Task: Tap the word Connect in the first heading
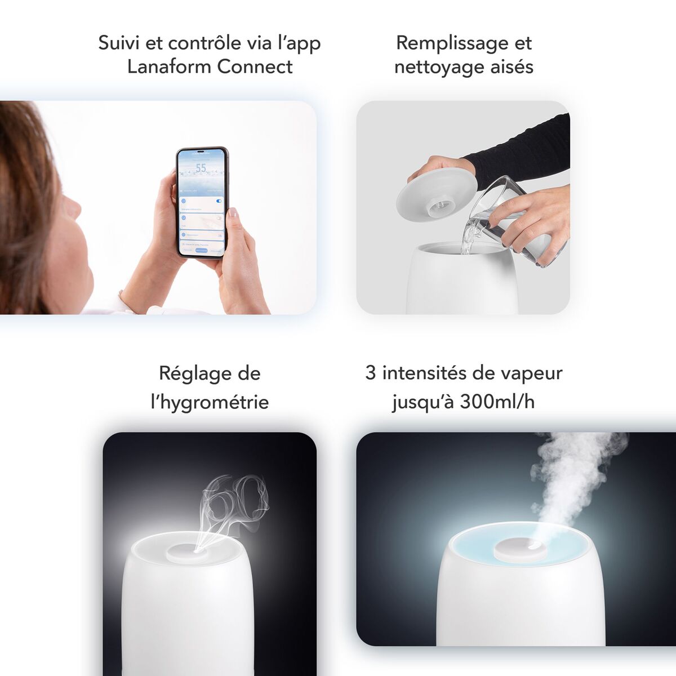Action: coord(255,66)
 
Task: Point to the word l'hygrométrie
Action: coord(210,402)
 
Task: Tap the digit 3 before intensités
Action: coord(370,373)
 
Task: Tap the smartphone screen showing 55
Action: coord(202,203)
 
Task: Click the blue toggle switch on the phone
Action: coord(219,200)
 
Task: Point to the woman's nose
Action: coord(72,207)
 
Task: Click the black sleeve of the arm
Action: coord(524,149)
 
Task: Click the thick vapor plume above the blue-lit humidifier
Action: coord(569,473)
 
